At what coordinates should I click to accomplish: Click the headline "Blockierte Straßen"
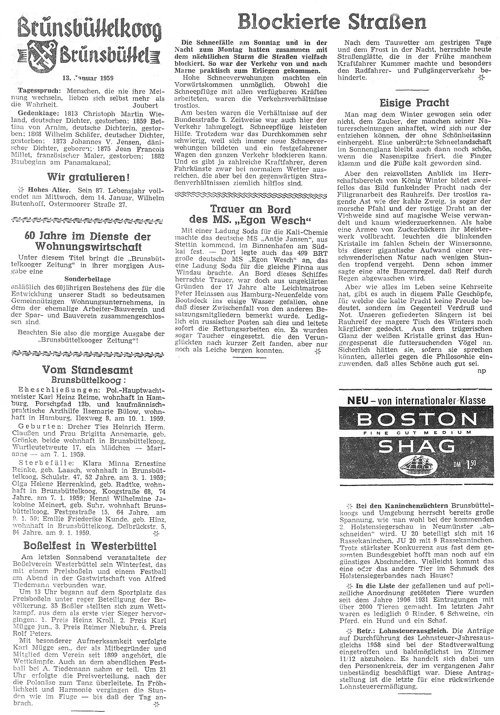(332, 22)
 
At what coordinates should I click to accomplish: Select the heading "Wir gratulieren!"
(88, 177)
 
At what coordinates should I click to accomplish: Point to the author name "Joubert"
(145, 105)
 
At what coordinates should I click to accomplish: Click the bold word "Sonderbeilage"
(87, 279)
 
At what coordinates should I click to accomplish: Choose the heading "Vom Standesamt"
(88, 369)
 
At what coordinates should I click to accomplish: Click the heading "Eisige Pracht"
(414, 103)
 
